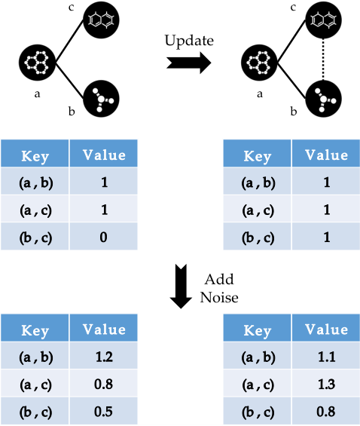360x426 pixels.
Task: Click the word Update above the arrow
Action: (x=189, y=41)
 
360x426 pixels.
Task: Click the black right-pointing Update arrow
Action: (x=189, y=63)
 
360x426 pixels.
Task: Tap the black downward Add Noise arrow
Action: (x=181, y=287)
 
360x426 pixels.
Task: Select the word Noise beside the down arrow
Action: (x=219, y=297)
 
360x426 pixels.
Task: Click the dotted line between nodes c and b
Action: (x=323, y=60)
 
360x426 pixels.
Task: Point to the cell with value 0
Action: (x=103, y=236)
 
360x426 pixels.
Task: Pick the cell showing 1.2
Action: (x=103, y=356)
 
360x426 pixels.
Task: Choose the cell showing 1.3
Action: (x=326, y=383)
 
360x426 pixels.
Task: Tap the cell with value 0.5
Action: (x=103, y=411)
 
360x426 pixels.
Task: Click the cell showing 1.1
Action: (x=326, y=356)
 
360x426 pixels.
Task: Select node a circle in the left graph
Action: (x=38, y=63)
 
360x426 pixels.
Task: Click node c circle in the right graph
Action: (x=323, y=20)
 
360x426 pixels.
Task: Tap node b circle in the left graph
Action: (x=101, y=99)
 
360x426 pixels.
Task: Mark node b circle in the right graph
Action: (x=323, y=99)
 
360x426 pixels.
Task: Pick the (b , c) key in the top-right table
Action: (x=257, y=236)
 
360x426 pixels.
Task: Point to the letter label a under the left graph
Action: (x=37, y=94)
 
